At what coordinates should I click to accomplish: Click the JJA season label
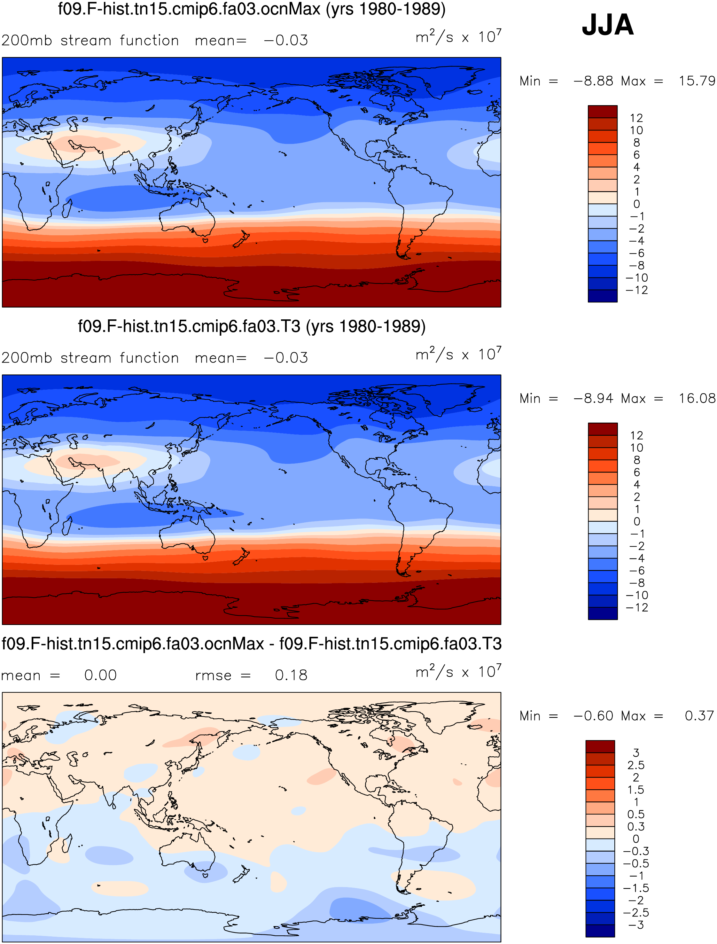[x=607, y=24]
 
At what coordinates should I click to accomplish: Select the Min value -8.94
[x=593, y=398]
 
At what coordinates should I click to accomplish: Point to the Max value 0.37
[x=699, y=716]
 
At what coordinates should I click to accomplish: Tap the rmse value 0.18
[x=291, y=675]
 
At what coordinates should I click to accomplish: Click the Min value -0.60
[x=593, y=716]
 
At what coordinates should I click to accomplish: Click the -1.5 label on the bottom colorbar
[x=636, y=888]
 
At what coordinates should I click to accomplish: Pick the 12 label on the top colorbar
[x=636, y=118]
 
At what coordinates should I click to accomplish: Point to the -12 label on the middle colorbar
[x=636, y=607]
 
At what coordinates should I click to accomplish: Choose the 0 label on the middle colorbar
[x=636, y=521]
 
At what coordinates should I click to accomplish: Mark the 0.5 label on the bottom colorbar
[x=635, y=814]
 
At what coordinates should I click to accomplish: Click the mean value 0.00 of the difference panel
[x=100, y=675]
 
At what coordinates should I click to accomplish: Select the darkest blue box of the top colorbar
[x=603, y=296]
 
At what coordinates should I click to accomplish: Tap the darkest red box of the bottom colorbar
[x=600, y=746]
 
